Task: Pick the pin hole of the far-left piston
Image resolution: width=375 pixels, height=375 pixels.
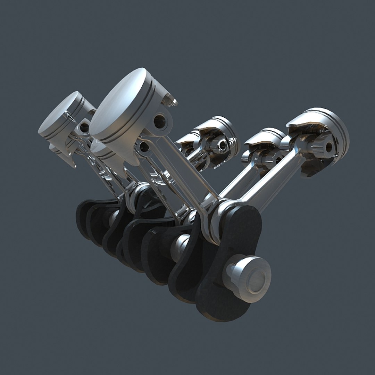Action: tap(84, 127)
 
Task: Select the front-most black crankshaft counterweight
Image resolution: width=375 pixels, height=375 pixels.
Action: tap(229, 264)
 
